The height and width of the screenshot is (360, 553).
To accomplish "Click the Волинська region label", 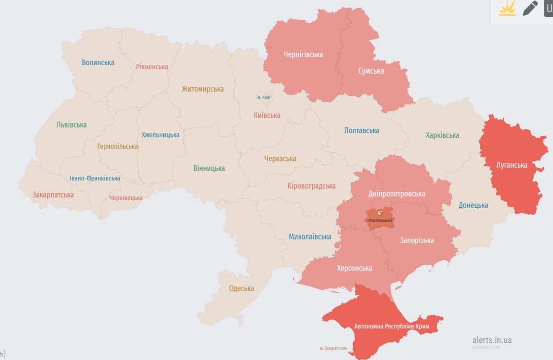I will pyautogui.click(x=98, y=63).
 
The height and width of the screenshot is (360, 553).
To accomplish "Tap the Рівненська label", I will pyautogui.click(x=152, y=67).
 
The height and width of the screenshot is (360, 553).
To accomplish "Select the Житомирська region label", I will pyautogui.click(x=203, y=89).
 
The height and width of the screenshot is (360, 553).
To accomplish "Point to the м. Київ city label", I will pyautogui.click(x=264, y=98).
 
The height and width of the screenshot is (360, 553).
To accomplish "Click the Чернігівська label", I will pyautogui.click(x=303, y=54).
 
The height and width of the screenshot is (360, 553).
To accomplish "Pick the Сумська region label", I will pyautogui.click(x=371, y=71).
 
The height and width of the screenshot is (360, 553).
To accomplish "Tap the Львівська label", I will pyautogui.click(x=71, y=125).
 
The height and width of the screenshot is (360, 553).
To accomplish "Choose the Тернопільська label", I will pyautogui.click(x=118, y=147).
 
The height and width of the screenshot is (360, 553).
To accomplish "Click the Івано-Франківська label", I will pyautogui.click(x=95, y=178).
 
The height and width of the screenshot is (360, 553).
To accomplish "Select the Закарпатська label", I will pyautogui.click(x=53, y=195).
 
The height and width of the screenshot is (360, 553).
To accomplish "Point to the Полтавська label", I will pyautogui.click(x=362, y=131).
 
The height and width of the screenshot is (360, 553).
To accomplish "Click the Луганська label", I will pyautogui.click(x=512, y=165).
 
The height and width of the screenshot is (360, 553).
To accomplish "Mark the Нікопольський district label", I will pyautogui.click(x=380, y=220).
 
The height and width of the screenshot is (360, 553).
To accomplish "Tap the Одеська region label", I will pyautogui.click(x=242, y=289).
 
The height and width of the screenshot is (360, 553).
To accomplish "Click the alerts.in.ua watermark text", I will pyautogui.click(x=492, y=340).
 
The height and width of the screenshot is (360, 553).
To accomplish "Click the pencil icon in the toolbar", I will pyautogui.click(x=530, y=8).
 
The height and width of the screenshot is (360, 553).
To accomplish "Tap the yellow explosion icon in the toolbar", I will pyautogui.click(x=507, y=9).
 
